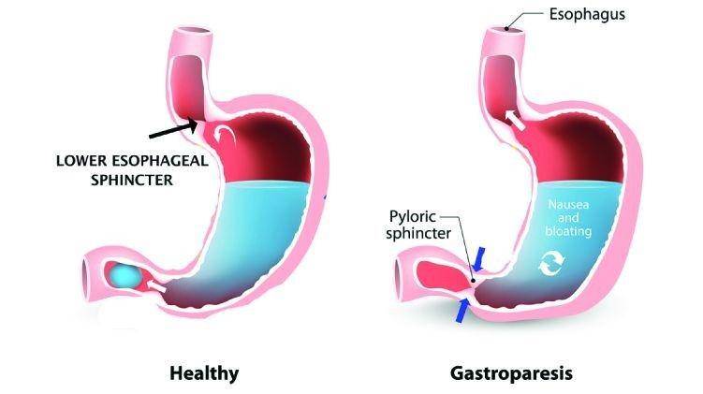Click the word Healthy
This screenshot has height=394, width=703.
204,373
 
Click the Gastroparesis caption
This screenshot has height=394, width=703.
511,373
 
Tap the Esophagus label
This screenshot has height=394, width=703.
587,14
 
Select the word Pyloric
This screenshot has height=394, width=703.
412,216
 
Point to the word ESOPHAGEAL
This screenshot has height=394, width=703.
160,161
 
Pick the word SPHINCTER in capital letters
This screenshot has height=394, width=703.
132,181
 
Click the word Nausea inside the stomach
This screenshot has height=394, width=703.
568,205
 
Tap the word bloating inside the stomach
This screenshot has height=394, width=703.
568,231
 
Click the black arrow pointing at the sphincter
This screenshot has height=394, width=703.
173,128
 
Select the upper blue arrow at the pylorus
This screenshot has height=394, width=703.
479,259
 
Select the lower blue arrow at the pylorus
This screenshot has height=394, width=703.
461,311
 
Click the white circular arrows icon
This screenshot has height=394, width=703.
551,263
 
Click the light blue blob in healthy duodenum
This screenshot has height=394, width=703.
124,276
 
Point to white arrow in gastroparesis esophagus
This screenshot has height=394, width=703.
515,120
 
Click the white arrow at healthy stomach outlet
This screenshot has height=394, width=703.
156,286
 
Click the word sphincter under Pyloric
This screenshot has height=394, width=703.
418,234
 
